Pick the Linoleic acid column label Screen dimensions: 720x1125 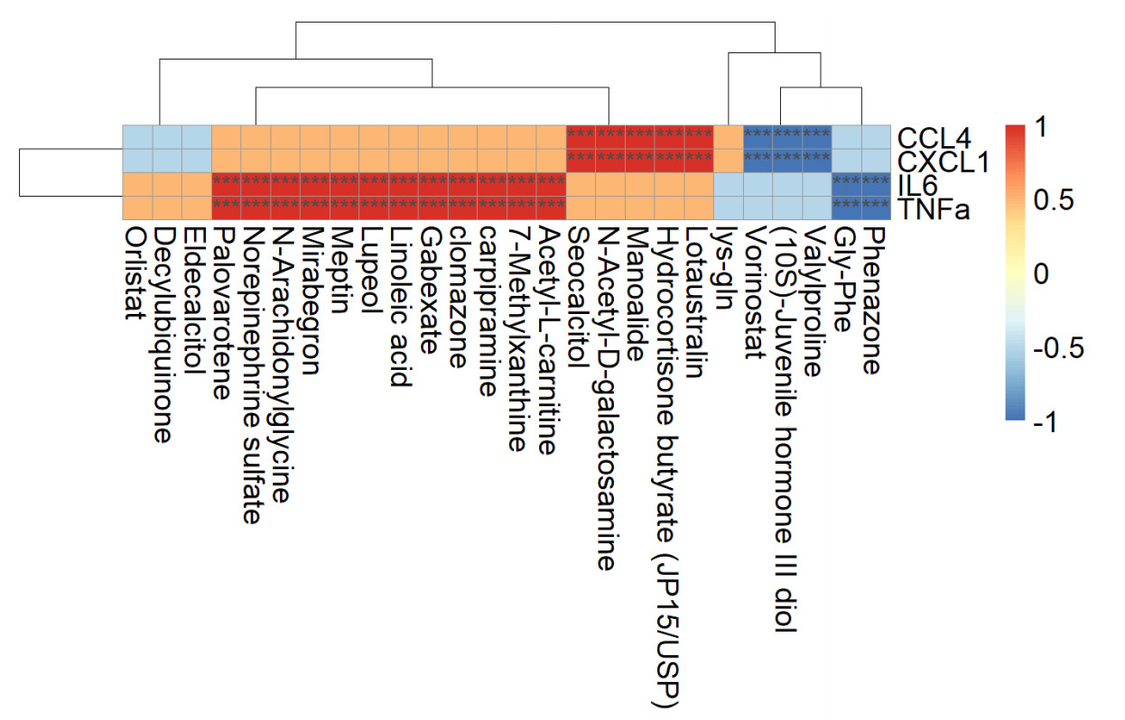pyautogui.click(x=403, y=307)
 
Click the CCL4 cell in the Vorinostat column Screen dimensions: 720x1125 pyautogui.click(x=757, y=135)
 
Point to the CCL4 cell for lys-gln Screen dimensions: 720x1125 pyautogui.click(x=727, y=135)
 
